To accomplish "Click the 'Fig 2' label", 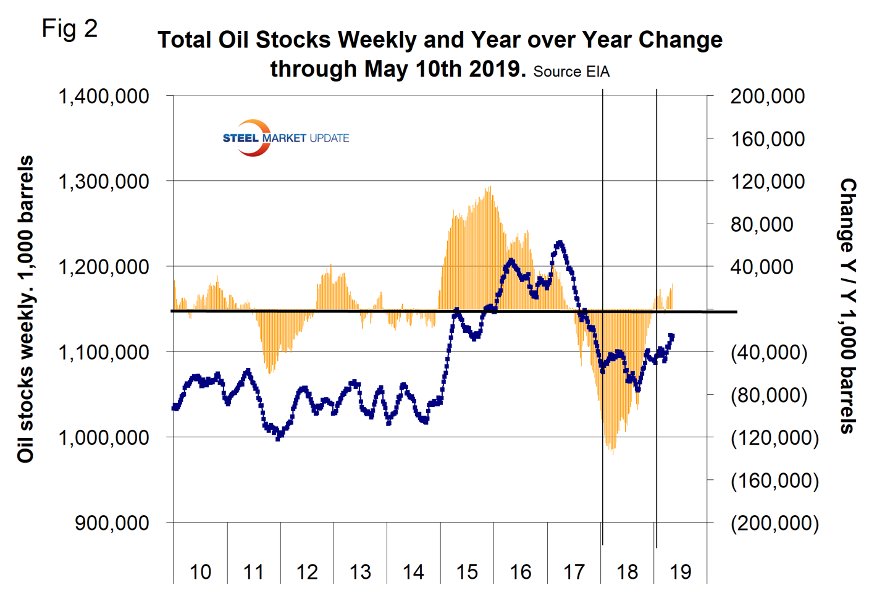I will [70, 28].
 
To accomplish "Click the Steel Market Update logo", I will [285, 138].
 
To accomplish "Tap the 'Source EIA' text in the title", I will [571, 72].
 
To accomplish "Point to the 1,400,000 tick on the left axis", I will [104, 96].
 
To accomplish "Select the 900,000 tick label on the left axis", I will [112, 523].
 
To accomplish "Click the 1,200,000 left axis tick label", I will [104, 267].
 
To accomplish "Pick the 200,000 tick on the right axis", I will [768, 96].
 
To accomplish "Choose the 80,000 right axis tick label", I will [762, 224].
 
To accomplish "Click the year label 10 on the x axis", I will [200, 572].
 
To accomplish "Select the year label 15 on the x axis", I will [467, 572].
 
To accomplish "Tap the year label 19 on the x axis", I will [681, 572].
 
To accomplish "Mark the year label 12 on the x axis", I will [307, 572].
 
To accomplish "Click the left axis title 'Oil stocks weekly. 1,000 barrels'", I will [25, 309].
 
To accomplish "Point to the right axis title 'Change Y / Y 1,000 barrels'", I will [848, 306].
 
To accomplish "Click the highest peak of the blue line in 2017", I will [560, 243].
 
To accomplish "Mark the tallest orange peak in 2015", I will [490, 187].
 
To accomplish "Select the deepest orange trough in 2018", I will [612, 454].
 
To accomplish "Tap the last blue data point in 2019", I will [672, 336].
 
